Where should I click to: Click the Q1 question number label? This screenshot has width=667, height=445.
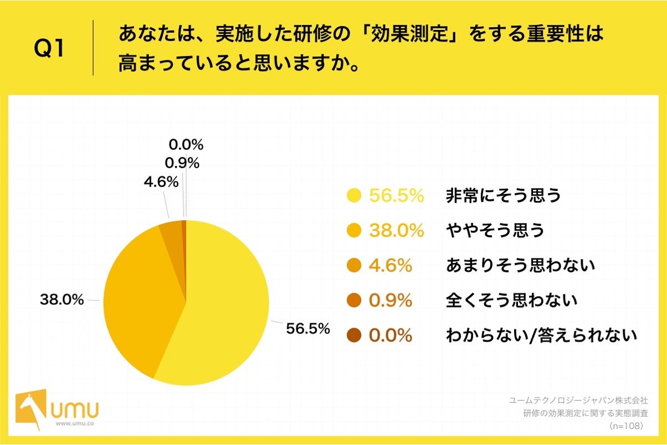49,48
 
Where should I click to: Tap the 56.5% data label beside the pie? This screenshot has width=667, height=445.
308,329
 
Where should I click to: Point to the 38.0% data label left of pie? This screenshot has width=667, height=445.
61,301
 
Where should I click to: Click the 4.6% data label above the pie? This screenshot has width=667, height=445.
161,182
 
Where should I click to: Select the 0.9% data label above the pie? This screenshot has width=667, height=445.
182,163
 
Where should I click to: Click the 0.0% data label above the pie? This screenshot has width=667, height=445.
186,145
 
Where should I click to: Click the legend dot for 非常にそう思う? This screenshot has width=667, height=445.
353,196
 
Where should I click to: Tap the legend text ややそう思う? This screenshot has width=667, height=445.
495,231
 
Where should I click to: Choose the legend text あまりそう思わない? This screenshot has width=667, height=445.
520,266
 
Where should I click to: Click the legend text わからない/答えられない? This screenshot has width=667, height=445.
541,335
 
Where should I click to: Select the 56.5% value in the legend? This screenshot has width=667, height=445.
396,196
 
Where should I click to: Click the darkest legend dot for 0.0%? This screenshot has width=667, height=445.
353,335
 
